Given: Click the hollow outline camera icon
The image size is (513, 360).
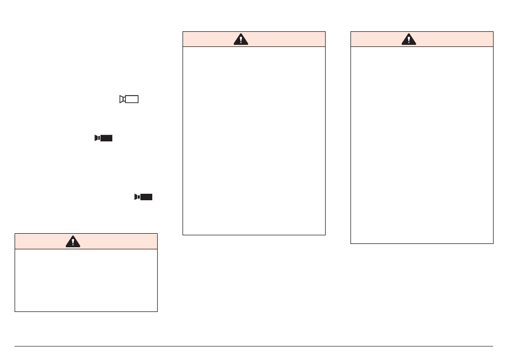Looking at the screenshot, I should [x=129, y=99].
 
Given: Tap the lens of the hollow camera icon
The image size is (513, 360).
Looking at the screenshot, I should [x=122, y=99].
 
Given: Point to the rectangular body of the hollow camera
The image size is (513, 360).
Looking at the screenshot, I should [x=132, y=99].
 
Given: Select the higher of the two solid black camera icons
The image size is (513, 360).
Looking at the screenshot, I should [x=103, y=138].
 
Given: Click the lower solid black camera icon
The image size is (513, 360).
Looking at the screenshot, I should [x=144, y=197].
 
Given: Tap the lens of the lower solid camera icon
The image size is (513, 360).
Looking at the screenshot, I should [x=137, y=197].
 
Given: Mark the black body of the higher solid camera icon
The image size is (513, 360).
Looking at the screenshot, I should [x=106, y=138].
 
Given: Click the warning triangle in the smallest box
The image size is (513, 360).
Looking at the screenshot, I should [x=73, y=241].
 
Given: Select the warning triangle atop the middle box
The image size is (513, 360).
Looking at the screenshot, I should [x=241, y=39].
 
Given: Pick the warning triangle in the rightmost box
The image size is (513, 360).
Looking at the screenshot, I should [x=409, y=39].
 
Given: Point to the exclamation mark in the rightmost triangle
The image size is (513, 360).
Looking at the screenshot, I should [x=409, y=40].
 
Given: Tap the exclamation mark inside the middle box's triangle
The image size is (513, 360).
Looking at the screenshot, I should [x=241, y=40].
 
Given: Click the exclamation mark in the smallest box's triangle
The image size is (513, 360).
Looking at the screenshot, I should [x=73, y=242].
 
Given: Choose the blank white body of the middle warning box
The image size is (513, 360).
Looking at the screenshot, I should [x=254, y=140].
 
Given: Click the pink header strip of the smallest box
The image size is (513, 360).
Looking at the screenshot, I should [x=119, y=241].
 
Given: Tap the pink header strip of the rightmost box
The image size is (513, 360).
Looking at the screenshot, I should [x=459, y=39].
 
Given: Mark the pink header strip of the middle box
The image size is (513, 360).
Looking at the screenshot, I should [x=292, y=39].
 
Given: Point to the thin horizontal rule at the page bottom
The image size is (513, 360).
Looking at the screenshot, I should [x=254, y=346].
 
